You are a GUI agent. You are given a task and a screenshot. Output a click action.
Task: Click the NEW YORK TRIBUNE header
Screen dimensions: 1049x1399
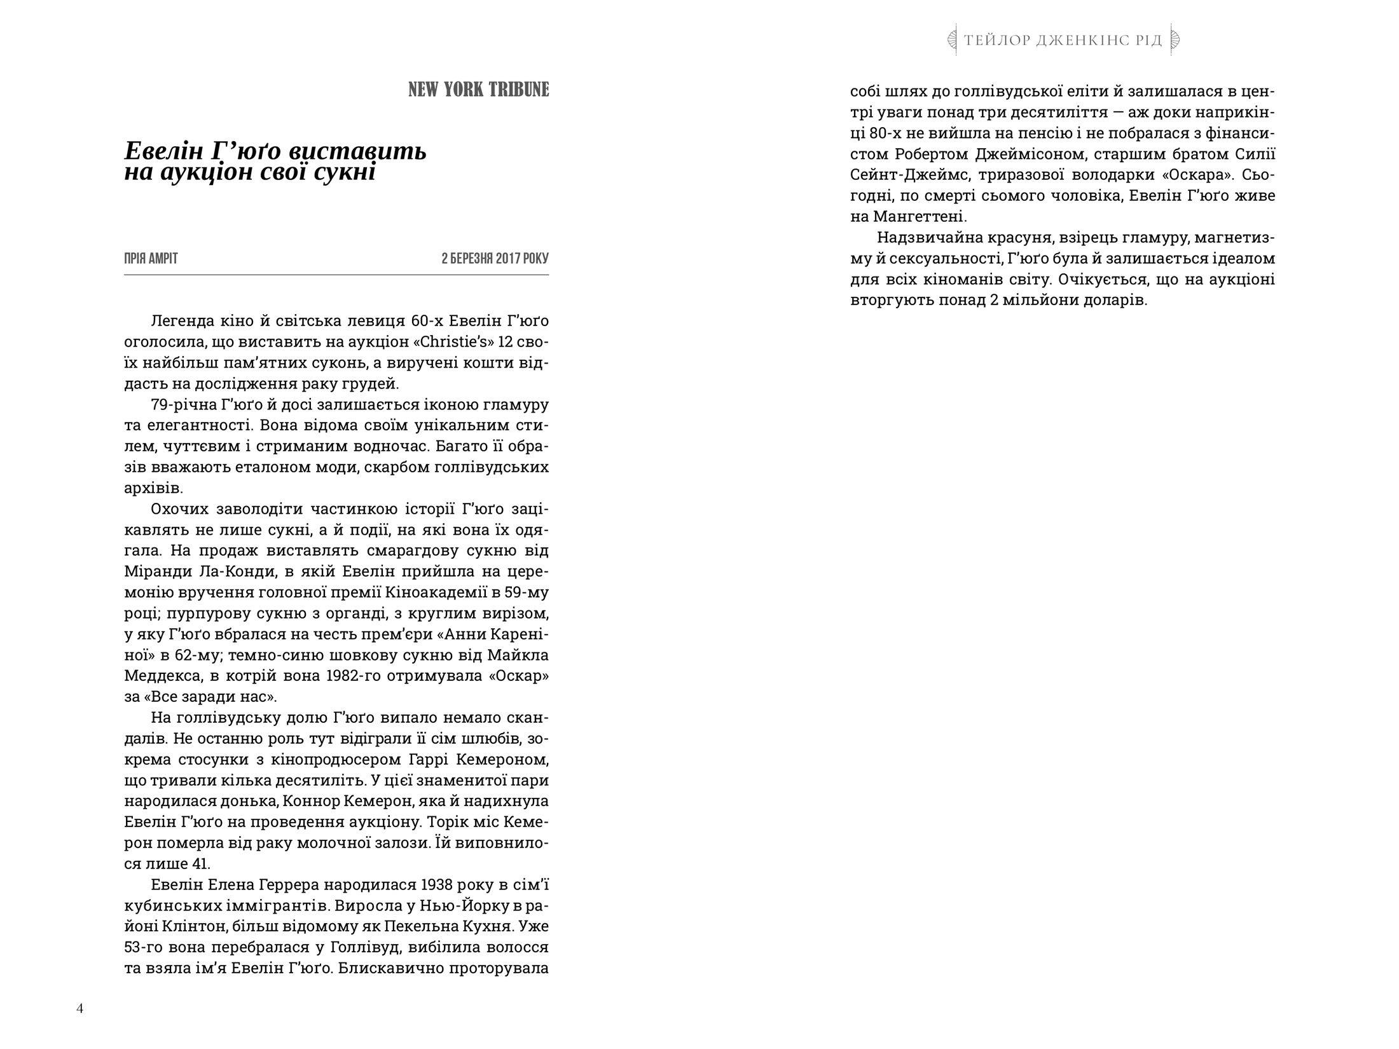coord(478,90)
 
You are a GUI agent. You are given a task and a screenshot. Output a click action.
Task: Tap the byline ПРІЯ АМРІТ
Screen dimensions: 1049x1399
coord(151,259)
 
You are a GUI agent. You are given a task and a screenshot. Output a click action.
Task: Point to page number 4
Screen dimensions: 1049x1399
coord(79,1008)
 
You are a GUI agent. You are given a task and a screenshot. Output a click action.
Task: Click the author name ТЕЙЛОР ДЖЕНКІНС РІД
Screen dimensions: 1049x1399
coord(1063,41)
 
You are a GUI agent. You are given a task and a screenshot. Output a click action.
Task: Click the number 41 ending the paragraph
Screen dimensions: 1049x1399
coord(200,864)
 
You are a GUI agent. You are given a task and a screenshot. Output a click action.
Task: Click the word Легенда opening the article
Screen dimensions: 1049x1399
coord(181,321)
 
